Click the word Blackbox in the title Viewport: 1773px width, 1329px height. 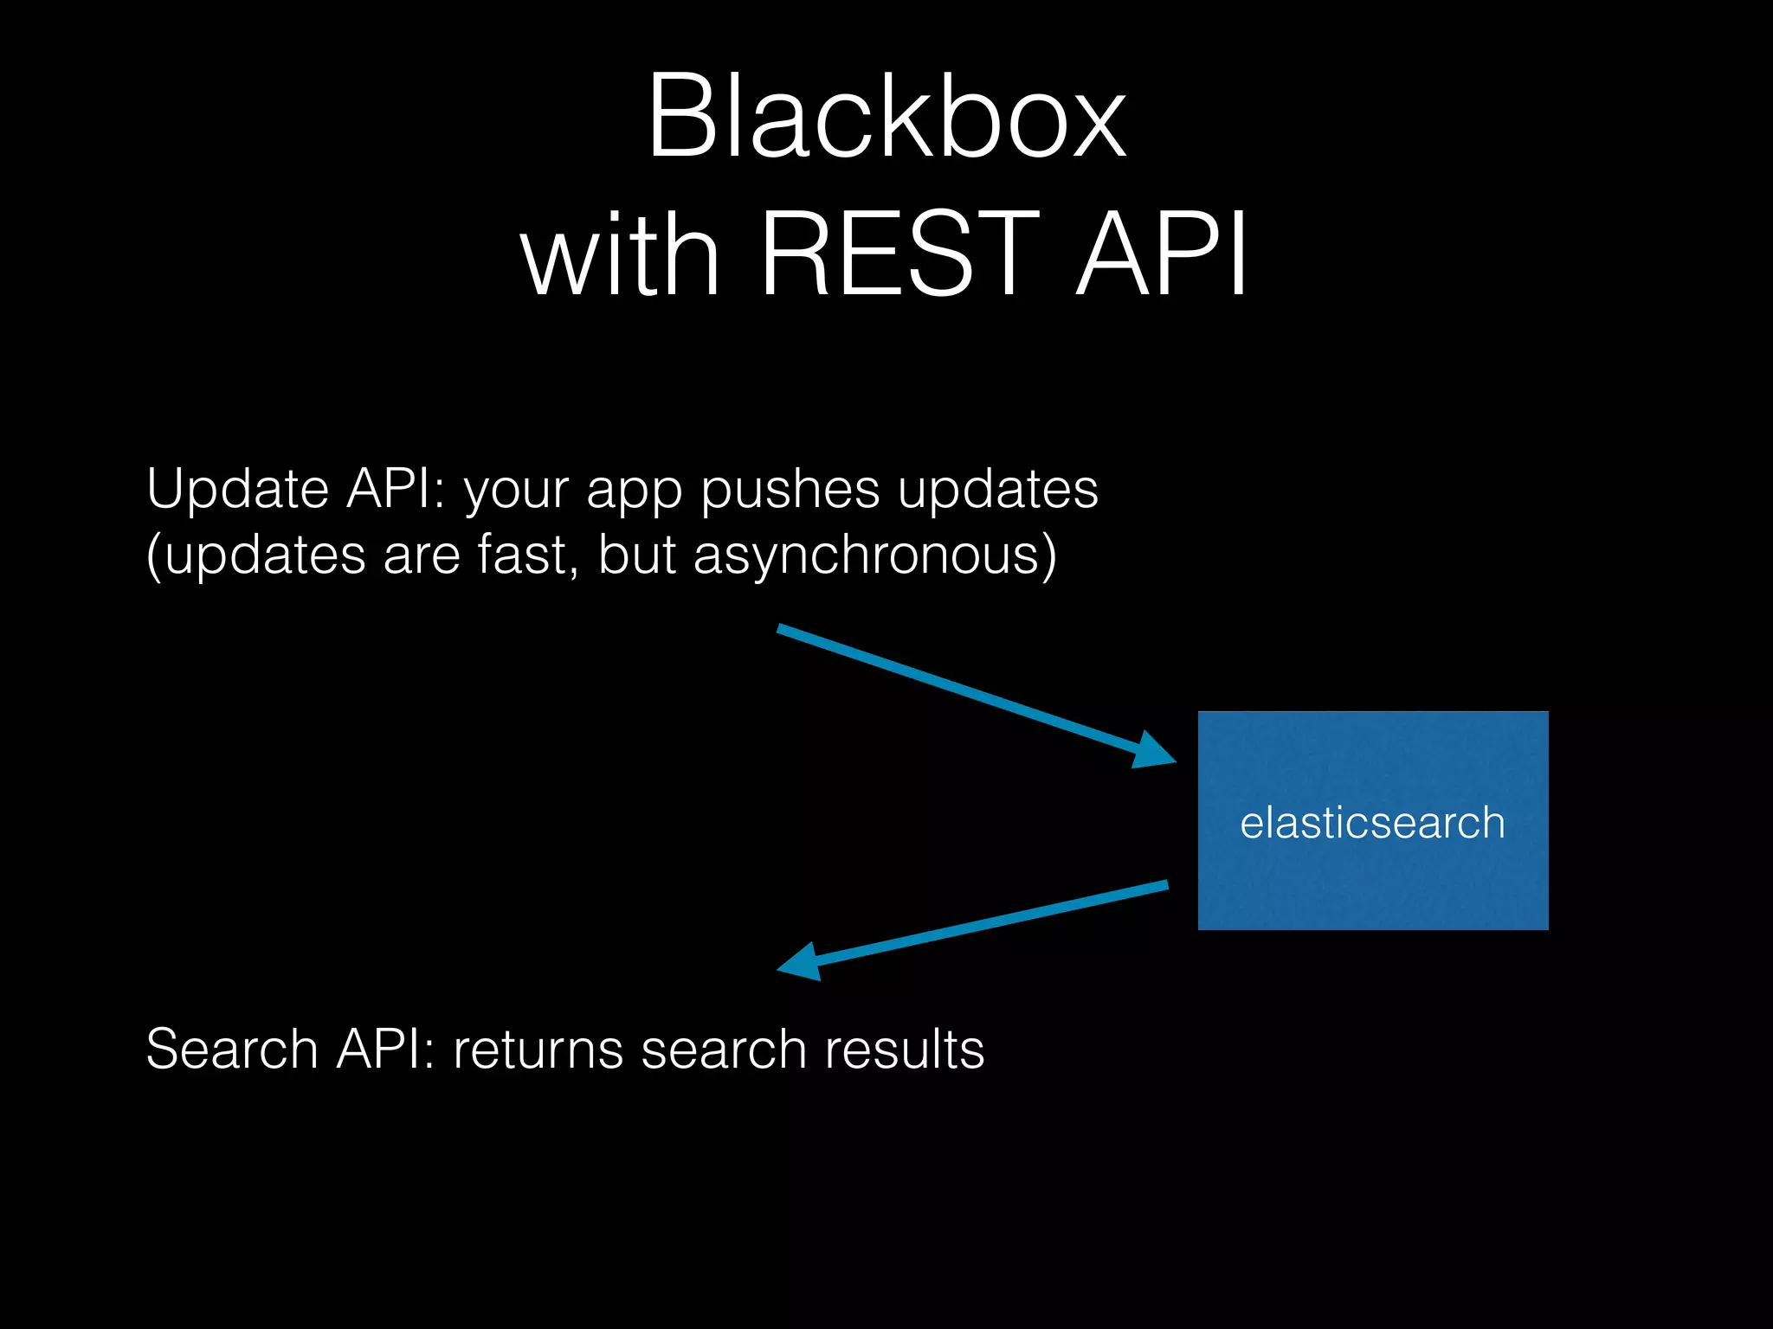[886, 117]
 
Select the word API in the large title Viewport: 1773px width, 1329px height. [1161, 256]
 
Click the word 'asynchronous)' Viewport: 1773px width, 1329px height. [874, 555]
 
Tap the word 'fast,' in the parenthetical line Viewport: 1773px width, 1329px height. [528, 555]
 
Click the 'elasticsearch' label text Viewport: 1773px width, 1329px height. [1372, 823]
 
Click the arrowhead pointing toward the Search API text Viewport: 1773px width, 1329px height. [801, 961]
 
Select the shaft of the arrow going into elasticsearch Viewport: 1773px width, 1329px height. [952, 686]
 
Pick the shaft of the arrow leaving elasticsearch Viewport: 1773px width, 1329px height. [996, 922]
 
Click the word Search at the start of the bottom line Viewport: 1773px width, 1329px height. [231, 1050]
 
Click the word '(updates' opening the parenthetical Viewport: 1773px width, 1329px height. [255, 556]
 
